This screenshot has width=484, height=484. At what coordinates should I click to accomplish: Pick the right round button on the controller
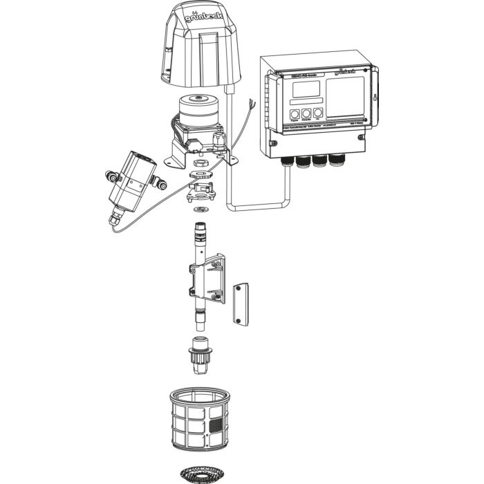[318, 113]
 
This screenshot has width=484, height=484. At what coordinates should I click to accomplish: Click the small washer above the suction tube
[201, 208]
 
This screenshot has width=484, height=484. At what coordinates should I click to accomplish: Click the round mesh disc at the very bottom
[200, 473]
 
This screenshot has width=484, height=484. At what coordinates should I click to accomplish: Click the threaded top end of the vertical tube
[201, 228]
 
